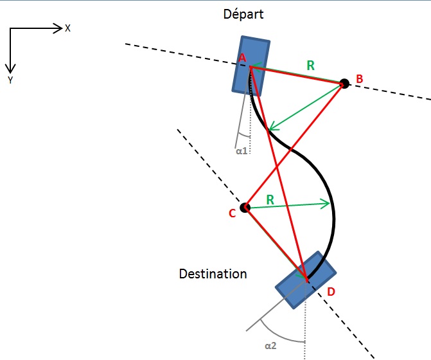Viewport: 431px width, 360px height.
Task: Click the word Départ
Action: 243,14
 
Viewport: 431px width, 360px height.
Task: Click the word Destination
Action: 213,274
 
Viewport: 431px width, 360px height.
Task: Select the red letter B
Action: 360,79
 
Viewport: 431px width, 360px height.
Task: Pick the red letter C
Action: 233,213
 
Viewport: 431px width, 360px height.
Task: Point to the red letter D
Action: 331,292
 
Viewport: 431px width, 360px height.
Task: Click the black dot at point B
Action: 344,83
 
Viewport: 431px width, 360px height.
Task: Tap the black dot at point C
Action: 245,208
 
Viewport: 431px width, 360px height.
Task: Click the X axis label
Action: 67,28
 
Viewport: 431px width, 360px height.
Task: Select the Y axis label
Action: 10,80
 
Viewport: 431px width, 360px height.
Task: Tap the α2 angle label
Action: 270,346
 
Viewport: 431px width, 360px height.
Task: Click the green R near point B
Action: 310,65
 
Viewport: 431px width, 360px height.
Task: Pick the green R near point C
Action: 270,199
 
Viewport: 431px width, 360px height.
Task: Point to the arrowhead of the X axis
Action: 58,28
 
